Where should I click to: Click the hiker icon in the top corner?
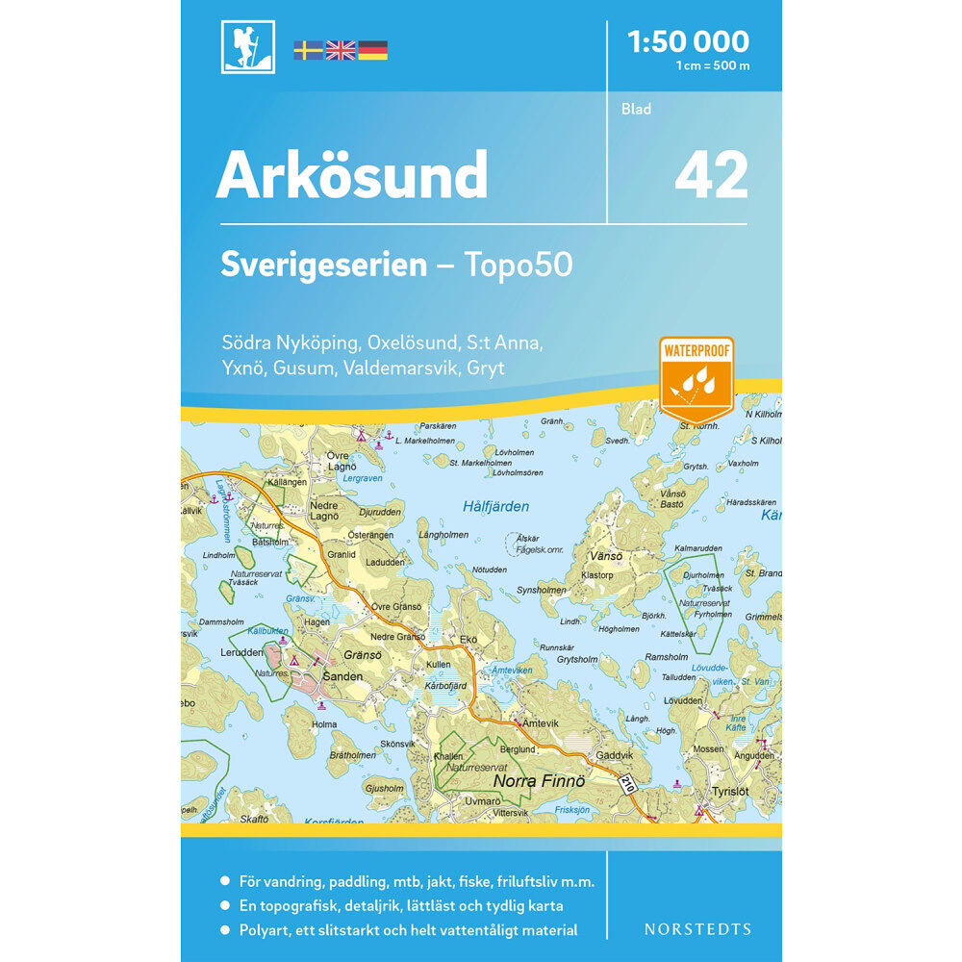[247, 46]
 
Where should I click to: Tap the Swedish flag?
[308, 50]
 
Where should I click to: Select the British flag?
[341, 50]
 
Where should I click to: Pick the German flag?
[373, 50]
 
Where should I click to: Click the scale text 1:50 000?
[687, 41]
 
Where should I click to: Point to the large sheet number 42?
[711, 175]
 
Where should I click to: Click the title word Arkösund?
[351, 175]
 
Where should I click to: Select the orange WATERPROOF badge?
[696, 375]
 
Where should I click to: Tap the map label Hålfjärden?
[495, 506]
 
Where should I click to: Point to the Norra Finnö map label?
[539, 782]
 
